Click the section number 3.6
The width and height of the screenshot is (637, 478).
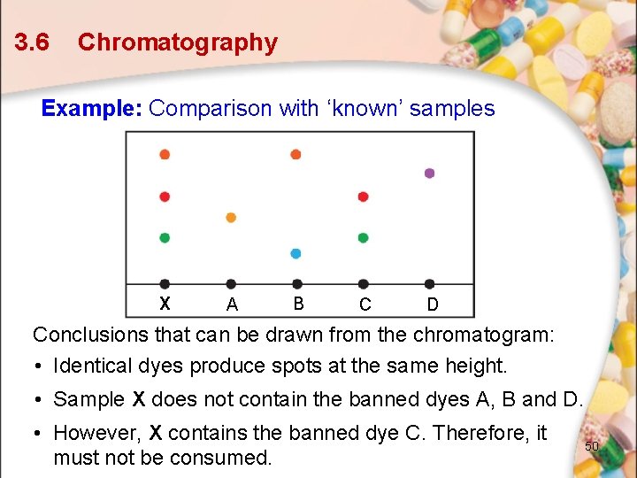[32, 42]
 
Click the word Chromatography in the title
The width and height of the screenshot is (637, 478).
[177, 42]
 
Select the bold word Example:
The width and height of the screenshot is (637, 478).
[92, 109]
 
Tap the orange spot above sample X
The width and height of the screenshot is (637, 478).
[165, 154]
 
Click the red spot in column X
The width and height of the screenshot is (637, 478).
[165, 197]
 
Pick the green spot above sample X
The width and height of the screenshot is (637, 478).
[165, 238]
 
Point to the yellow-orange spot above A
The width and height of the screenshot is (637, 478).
[231, 217]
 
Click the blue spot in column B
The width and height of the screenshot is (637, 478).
[296, 253]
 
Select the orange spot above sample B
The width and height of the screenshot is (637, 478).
[296, 154]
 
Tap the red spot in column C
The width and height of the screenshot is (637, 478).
[363, 197]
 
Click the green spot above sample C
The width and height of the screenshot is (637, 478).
[363, 238]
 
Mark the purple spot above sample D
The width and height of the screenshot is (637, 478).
[430, 173]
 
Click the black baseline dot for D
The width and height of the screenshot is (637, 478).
[430, 284]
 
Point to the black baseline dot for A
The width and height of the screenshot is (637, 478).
[231, 284]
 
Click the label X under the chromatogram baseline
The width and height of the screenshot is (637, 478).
[165, 304]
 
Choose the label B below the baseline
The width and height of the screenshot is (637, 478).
[298, 304]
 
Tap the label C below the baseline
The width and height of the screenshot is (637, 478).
[365, 305]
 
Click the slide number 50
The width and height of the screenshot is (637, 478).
[592, 446]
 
